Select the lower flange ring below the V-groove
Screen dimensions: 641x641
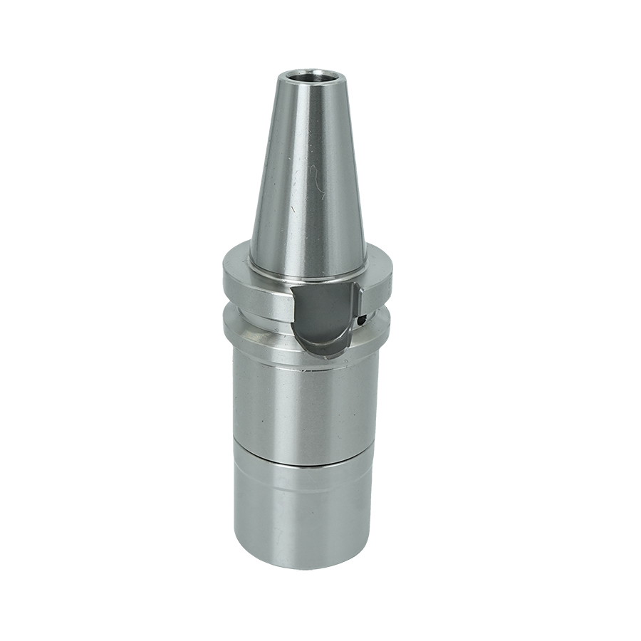point(256,329)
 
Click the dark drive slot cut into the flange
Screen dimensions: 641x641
point(324,313)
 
